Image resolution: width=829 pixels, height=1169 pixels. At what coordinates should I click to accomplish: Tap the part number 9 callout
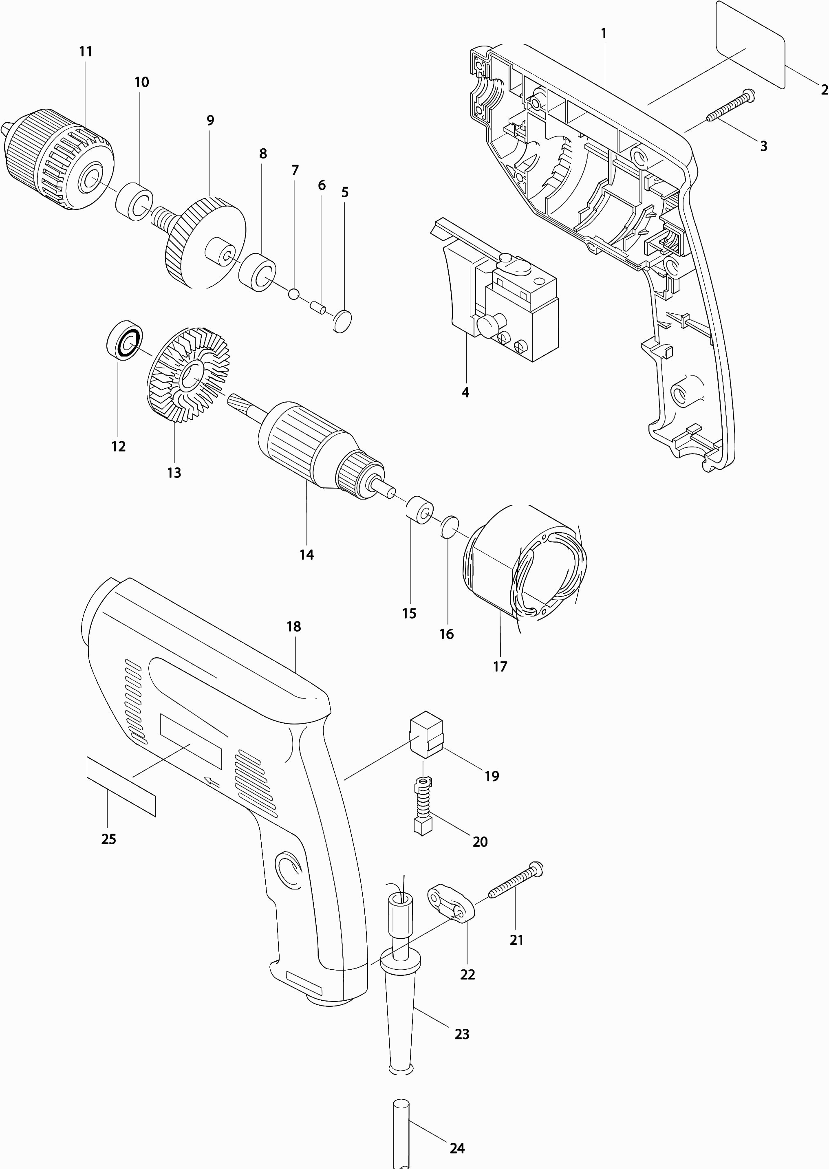[210, 121]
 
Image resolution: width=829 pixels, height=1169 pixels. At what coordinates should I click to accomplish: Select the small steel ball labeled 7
[293, 293]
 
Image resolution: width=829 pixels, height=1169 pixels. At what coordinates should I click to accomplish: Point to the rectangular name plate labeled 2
[750, 45]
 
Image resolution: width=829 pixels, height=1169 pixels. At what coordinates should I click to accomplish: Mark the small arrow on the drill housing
[212, 781]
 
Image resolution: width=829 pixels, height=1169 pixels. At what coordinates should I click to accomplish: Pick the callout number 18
[293, 627]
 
